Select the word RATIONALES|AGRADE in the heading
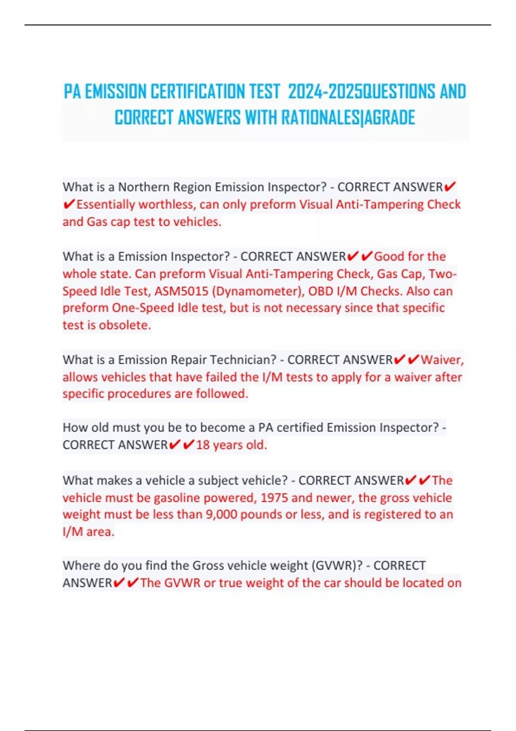[x=348, y=118]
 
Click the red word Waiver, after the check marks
[x=442, y=359]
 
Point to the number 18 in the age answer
[x=203, y=445]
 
